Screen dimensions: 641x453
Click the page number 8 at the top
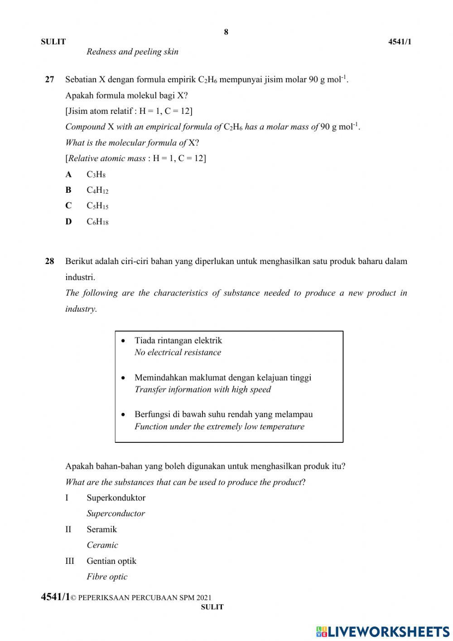[226, 32]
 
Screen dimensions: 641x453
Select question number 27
[49, 79]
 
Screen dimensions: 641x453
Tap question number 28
[49, 261]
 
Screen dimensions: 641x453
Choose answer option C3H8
[96, 175]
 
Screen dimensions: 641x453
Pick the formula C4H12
[97, 191]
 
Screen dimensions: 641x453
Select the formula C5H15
[97, 206]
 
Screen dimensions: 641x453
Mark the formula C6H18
[97, 222]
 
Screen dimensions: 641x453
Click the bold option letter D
[68, 222]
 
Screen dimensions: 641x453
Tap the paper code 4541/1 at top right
[400, 42]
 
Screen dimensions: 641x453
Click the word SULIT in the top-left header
[53, 42]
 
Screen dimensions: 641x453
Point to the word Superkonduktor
[116, 498]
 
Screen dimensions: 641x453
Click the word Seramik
[101, 529]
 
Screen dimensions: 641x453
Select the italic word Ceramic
[102, 545]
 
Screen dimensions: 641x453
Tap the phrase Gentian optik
[111, 561]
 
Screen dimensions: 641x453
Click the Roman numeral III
[69, 561]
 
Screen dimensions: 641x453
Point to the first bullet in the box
[123, 340]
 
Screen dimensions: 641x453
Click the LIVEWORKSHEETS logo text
[388, 631]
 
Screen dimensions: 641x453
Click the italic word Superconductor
[116, 514]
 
